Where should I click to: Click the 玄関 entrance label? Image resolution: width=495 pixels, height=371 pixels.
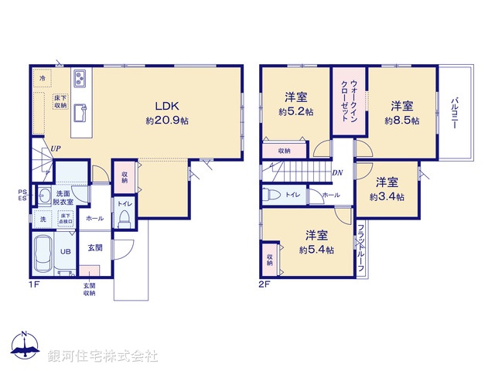94,247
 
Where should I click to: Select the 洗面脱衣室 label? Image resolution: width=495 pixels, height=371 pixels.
63,197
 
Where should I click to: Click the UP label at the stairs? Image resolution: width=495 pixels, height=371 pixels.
56,149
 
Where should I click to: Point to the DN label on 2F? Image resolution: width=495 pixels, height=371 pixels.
338,173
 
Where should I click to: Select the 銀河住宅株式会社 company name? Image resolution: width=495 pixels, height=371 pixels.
103,356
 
